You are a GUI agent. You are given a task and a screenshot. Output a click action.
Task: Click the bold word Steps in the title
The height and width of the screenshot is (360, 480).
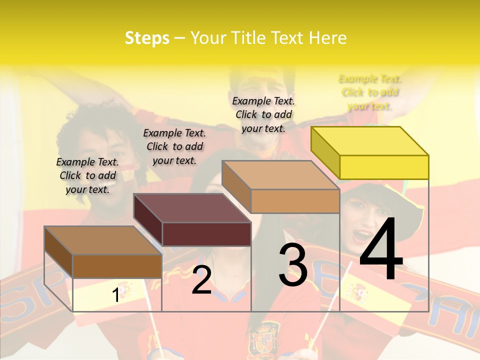click(x=147, y=38)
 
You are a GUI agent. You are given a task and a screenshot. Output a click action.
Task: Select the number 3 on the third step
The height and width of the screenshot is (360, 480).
click(x=293, y=265)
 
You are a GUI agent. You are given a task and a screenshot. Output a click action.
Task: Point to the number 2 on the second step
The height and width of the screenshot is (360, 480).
click(x=202, y=280)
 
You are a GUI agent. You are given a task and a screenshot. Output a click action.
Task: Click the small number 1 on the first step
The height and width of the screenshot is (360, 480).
click(x=115, y=295)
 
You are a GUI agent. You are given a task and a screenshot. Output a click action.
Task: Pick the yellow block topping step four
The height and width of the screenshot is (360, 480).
click(x=370, y=152)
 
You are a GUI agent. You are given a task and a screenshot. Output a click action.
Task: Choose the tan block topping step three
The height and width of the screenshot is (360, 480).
click(x=281, y=186)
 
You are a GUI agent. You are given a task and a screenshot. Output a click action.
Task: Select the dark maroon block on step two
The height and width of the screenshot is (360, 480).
click(x=192, y=220)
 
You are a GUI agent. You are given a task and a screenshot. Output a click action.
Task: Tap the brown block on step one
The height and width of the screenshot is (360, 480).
click(x=103, y=252)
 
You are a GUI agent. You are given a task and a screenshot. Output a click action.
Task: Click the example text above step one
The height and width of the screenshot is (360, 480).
click(x=87, y=175)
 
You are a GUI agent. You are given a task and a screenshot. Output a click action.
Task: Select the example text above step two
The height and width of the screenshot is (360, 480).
click(x=174, y=146)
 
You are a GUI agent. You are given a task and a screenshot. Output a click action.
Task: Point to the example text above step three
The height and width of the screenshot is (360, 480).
click(x=263, y=114)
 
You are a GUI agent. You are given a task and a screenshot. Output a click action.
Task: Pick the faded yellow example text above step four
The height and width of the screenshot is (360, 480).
click(x=370, y=92)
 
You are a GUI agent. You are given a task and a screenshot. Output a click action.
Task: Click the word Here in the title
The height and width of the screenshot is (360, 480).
click(x=327, y=38)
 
